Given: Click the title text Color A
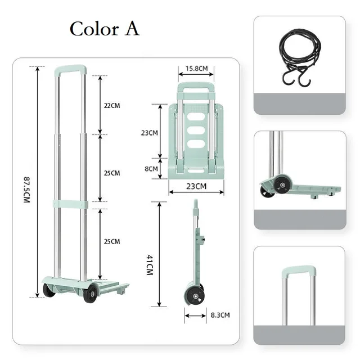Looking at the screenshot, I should pyautogui.click(x=104, y=29).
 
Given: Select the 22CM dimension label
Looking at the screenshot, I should pyautogui.click(x=112, y=105).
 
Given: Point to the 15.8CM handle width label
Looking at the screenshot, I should pyautogui.click(x=196, y=69).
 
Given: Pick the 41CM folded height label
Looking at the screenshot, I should pyautogui.click(x=150, y=264).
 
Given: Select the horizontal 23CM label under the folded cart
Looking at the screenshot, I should pyautogui.click(x=196, y=186).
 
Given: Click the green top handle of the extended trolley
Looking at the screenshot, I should pyautogui.click(x=70, y=70).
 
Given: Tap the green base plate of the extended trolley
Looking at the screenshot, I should pyautogui.click(x=84, y=283).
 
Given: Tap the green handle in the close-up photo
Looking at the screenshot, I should pyautogui.click(x=299, y=271).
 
